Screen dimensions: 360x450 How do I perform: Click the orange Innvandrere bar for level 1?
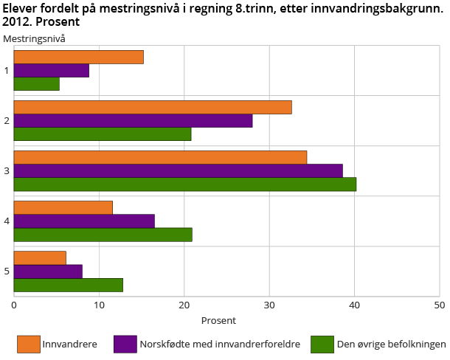78,58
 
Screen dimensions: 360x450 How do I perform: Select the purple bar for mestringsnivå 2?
133,121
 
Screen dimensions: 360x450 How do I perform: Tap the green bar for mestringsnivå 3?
184,184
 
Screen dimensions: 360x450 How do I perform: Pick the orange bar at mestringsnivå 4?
63,208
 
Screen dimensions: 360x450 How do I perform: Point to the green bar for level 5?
68,285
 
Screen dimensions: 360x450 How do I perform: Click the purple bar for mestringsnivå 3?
178,171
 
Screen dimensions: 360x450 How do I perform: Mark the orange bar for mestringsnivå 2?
153,108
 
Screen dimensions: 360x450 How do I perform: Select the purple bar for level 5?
48,271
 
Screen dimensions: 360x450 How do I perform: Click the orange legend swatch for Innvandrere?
27,345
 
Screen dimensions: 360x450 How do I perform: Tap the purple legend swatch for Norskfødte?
125,345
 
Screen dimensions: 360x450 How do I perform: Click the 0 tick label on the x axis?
14,304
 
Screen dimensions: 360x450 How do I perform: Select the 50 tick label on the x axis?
439,304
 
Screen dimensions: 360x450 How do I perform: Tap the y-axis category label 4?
7,221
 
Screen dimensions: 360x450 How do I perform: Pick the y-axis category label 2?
7,121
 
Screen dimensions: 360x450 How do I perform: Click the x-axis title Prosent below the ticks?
218,321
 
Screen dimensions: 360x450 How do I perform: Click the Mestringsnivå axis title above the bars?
34,38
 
